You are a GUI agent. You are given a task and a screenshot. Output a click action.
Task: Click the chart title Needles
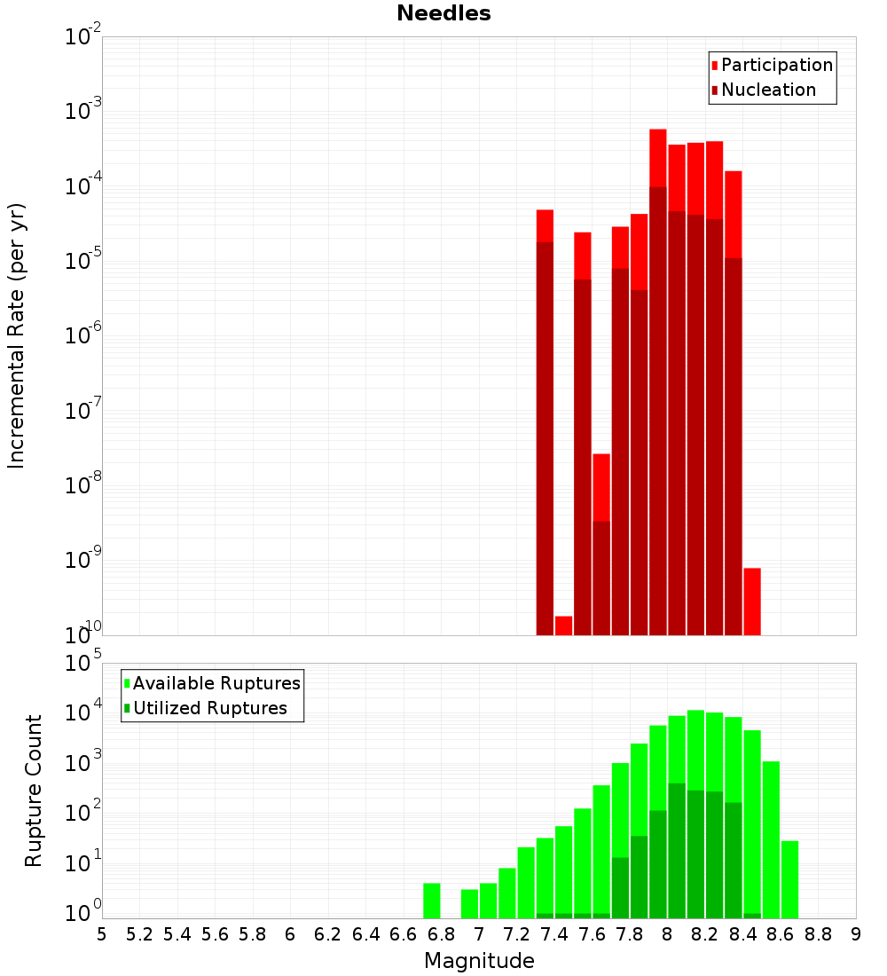[443, 13]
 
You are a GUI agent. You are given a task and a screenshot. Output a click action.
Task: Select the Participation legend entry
[776, 65]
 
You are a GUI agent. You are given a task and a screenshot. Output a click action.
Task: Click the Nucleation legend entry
[767, 90]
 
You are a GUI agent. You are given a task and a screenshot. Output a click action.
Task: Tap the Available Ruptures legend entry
[216, 683]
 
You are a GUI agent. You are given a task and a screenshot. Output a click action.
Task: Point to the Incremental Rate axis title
[17, 335]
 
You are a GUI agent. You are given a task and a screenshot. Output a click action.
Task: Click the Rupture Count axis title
[34, 791]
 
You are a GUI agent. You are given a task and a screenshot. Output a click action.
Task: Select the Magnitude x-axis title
[479, 961]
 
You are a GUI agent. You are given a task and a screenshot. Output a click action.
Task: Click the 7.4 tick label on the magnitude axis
[553, 934]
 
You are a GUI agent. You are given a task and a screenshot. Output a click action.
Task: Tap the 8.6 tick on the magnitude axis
[781, 934]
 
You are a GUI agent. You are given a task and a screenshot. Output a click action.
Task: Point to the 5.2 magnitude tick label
[139, 934]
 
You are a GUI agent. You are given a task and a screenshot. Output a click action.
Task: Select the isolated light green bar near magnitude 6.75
[432, 901]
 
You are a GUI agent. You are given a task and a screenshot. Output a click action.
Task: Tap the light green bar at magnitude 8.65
[789, 879]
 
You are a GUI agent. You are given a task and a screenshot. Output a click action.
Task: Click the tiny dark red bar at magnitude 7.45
[563, 626]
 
